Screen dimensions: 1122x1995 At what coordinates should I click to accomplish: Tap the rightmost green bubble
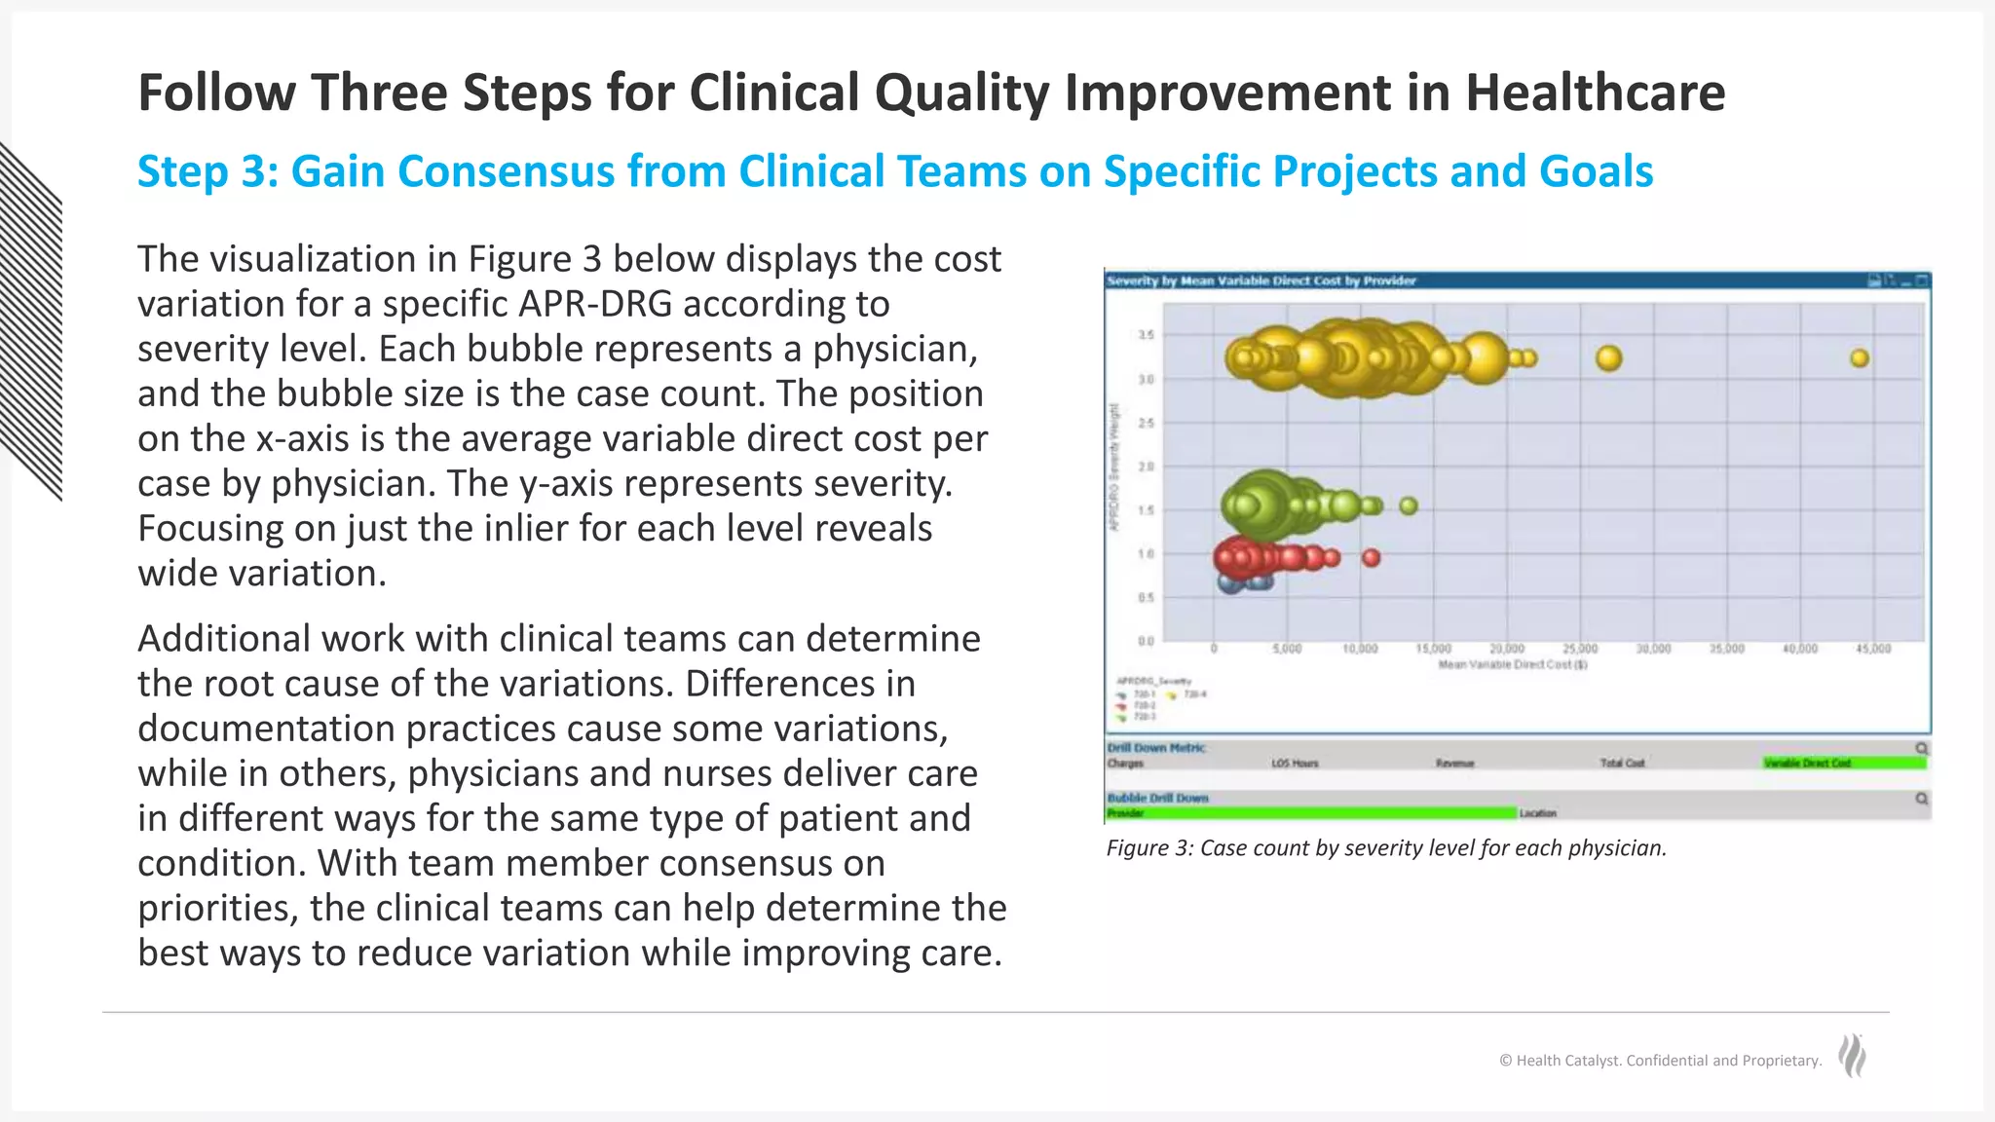click(1409, 505)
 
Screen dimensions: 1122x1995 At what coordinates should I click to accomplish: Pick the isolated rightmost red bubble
click(1372, 558)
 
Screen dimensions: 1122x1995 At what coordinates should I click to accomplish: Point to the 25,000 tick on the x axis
click(1580, 649)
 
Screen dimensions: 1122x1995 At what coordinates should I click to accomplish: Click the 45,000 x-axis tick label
click(1873, 649)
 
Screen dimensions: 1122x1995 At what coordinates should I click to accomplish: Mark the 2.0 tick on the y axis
click(1147, 467)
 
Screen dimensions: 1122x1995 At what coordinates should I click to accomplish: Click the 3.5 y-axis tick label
click(1147, 335)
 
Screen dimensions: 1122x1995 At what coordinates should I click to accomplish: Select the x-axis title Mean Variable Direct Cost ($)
click(1513, 664)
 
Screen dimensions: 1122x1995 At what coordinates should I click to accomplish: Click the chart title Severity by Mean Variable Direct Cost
click(1261, 281)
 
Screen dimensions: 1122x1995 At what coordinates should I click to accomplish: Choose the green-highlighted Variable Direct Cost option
click(1844, 764)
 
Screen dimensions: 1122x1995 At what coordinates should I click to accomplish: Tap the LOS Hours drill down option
click(1295, 764)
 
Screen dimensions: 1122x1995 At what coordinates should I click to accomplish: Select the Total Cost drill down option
click(1622, 764)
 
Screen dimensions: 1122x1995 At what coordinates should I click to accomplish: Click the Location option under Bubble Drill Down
click(1538, 813)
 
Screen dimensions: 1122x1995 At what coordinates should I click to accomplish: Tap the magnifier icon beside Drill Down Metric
click(1921, 748)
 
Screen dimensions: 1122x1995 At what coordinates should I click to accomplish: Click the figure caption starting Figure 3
click(1385, 848)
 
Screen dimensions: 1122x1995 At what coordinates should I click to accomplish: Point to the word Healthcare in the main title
click(1595, 93)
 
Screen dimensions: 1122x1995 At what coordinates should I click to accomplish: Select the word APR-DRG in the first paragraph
click(594, 305)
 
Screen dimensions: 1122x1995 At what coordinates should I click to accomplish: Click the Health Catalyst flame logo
click(1852, 1057)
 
